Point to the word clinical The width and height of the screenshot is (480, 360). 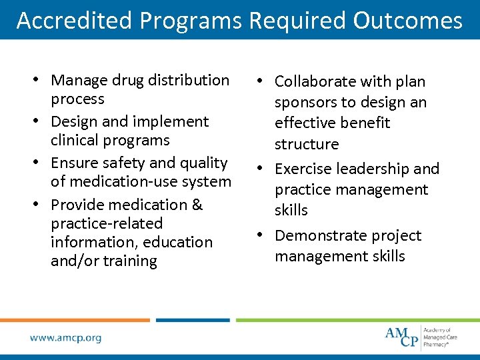[x=75, y=140]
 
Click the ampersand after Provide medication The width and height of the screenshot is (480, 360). [x=196, y=205]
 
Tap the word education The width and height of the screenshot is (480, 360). [x=181, y=242]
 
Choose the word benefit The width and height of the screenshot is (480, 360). [x=364, y=123]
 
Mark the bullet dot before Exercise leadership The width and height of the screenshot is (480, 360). [x=265, y=169]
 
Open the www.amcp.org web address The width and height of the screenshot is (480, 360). [x=65, y=338]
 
